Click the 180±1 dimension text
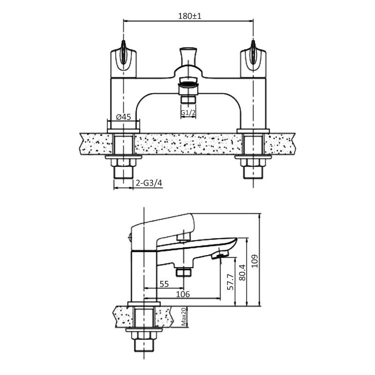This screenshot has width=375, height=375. [190, 16]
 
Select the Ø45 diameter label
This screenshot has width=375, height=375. [123, 117]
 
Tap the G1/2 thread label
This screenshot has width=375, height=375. [188, 112]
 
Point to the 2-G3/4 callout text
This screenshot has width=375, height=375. [149, 183]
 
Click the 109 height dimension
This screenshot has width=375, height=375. [255, 261]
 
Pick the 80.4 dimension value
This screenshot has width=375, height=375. [242, 272]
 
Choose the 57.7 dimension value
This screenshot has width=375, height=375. [230, 282]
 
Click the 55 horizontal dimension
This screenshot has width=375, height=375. [164, 284]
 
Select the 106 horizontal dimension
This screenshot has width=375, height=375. [183, 294]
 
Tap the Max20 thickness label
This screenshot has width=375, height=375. [183, 317]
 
